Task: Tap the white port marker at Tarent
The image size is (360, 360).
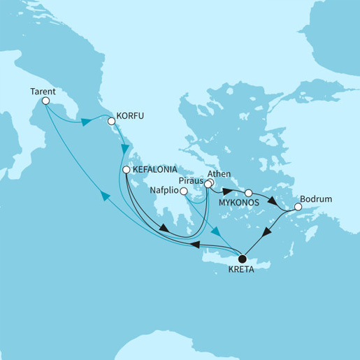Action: click(x=45, y=101)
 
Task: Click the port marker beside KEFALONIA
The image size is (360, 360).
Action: click(x=126, y=170)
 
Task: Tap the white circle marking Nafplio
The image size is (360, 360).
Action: click(x=183, y=191)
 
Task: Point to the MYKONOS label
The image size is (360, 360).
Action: click(x=238, y=203)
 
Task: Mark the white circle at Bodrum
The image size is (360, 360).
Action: click(x=297, y=207)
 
